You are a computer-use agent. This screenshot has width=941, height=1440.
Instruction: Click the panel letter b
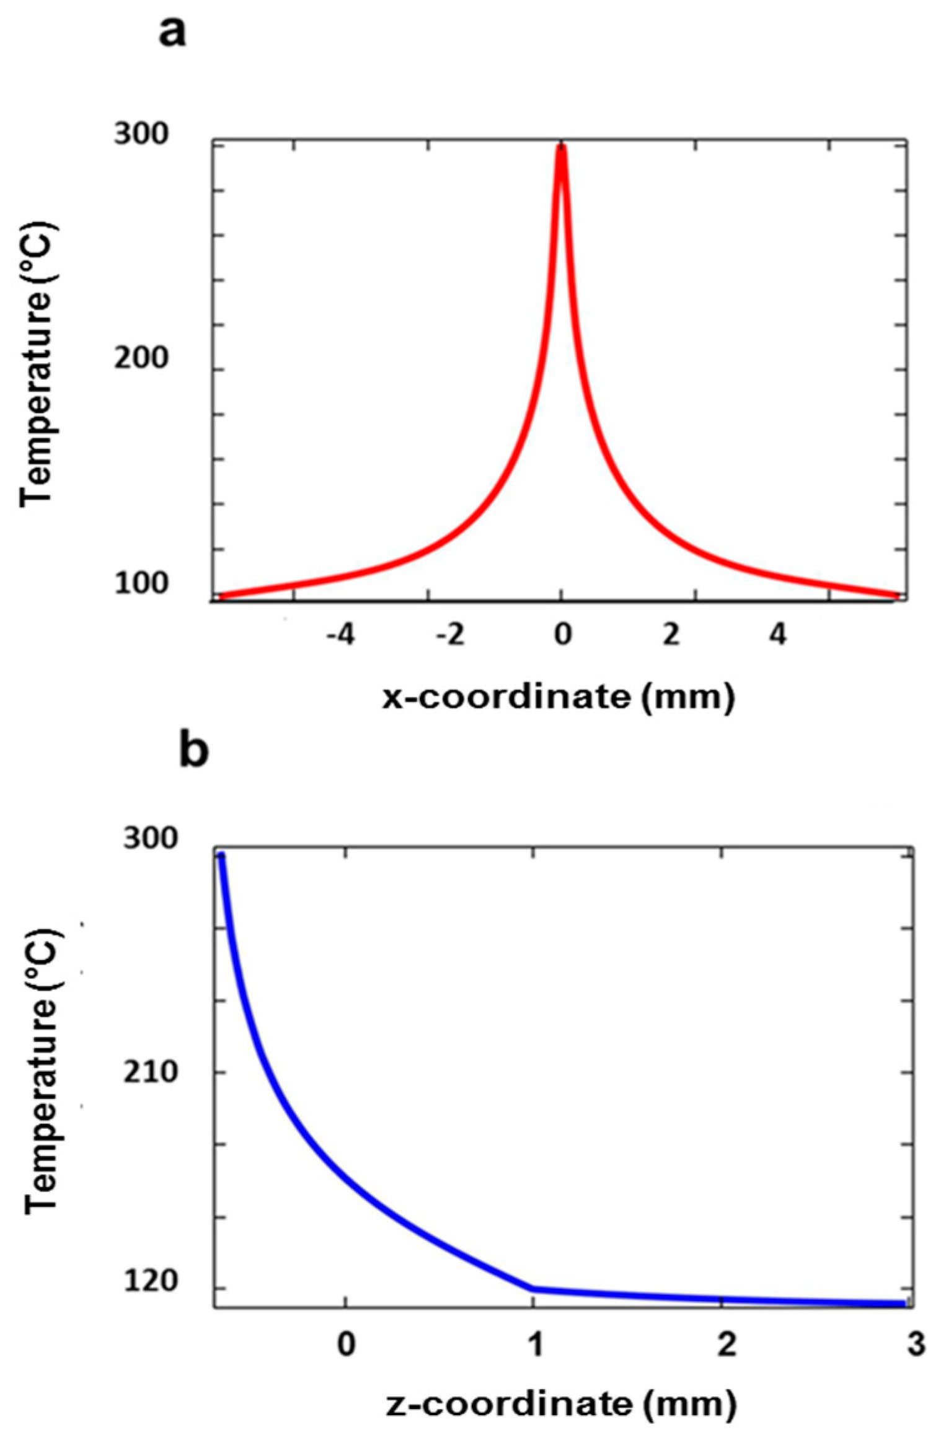click(193, 752)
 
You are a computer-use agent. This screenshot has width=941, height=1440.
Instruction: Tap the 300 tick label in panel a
click(141, 135)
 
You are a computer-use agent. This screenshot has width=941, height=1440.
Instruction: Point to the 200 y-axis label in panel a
click(141, 360)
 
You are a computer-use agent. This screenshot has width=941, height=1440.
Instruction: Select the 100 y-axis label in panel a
click(141, 584)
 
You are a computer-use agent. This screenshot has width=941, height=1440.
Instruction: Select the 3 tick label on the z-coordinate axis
click(916, 1343)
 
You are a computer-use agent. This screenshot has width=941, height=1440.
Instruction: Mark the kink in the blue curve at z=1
click(533, 1289)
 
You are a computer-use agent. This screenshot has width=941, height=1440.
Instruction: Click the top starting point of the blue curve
click(221, 856)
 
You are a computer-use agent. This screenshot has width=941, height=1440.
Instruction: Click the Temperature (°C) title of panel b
click(41, 1071)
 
